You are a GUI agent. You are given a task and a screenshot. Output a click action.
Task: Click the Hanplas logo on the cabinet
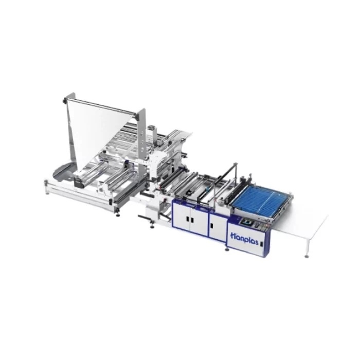point(244,239)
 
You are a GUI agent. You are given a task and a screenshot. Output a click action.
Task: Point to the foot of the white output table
point(306,256)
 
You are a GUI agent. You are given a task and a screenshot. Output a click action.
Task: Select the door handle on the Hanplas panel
point(261,244)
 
